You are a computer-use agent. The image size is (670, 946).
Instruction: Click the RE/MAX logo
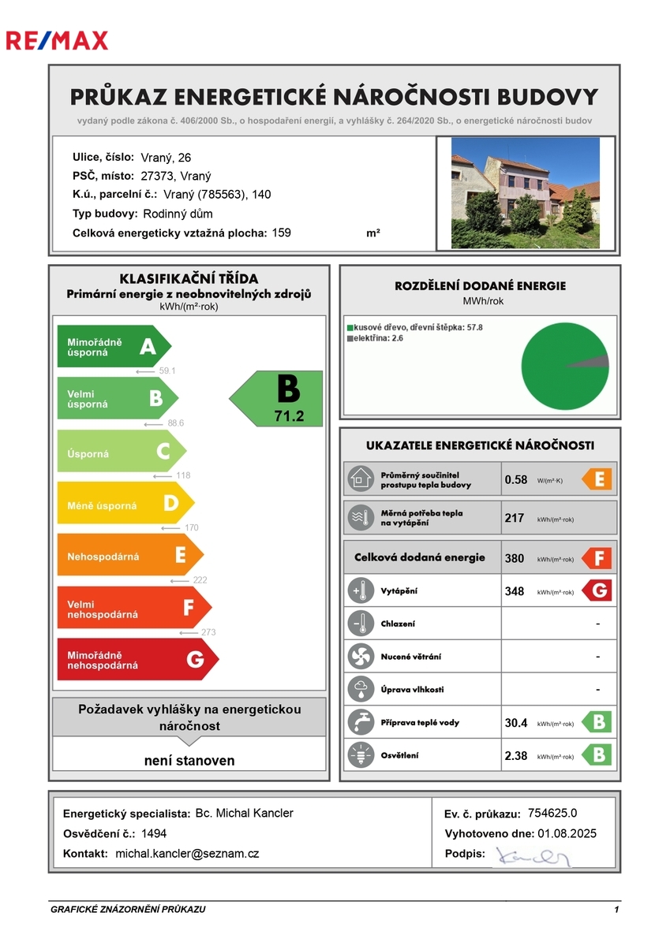(57, 40)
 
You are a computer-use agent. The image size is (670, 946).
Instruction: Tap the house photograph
(525, 193)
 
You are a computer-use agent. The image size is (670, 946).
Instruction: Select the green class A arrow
(113, 346)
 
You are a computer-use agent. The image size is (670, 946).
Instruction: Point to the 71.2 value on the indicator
(289, 416)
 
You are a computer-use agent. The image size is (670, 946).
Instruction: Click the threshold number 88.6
(175, 423)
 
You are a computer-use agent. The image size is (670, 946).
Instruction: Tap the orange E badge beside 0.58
(597, 479)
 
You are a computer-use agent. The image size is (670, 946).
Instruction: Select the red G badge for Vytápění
(597, 590)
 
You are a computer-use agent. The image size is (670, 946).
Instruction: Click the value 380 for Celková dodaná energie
(515, 558)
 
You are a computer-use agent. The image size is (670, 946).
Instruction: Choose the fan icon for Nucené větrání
(361, 656)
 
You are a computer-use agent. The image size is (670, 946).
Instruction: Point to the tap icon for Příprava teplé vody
(361, 722)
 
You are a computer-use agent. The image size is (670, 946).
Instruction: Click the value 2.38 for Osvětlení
(517, 755)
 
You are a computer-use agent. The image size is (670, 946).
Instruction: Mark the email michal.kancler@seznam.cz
(187, 853)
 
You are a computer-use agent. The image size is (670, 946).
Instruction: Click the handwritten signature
(532, 856)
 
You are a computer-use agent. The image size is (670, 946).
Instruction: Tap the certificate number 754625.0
(552, 814)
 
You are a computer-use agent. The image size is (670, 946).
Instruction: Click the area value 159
(281, 233)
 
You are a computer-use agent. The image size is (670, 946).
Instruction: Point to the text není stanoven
(189, 761)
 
